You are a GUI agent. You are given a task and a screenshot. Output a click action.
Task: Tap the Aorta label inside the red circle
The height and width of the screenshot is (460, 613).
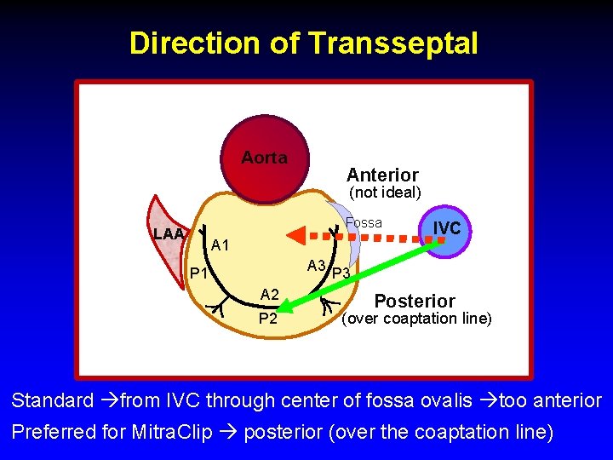(264, 158)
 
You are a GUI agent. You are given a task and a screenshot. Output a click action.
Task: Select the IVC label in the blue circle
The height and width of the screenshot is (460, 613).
(447, 228)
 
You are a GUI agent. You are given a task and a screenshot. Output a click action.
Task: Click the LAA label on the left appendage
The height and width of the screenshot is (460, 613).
(169, 234)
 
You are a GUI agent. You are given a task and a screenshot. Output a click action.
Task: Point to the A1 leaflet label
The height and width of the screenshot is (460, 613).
(221, 246)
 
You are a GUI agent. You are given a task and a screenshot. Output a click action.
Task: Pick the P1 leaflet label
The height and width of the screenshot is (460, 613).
(200, 273)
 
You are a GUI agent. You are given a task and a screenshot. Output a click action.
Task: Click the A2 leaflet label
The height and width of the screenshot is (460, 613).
(269, 295)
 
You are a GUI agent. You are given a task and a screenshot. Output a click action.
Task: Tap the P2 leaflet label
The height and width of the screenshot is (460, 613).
(267, 319)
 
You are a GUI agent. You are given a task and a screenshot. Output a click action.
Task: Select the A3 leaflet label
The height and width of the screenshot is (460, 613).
(317, 265)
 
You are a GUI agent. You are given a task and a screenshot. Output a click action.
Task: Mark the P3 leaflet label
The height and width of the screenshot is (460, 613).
(341, 273)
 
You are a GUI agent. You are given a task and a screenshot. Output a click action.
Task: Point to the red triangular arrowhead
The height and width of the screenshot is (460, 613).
(295, 234)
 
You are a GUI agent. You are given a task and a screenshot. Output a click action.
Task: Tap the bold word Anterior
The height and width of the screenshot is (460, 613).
(382, 175)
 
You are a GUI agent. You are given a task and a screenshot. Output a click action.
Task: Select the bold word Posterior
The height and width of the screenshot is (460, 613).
(415, 301)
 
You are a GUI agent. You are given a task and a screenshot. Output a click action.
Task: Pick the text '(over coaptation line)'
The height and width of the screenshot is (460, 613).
(416, 319)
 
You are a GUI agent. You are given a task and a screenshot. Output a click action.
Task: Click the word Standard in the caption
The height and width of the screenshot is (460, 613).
(52, 400)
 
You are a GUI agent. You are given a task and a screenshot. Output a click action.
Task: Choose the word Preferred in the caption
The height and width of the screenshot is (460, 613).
(53, 432)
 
